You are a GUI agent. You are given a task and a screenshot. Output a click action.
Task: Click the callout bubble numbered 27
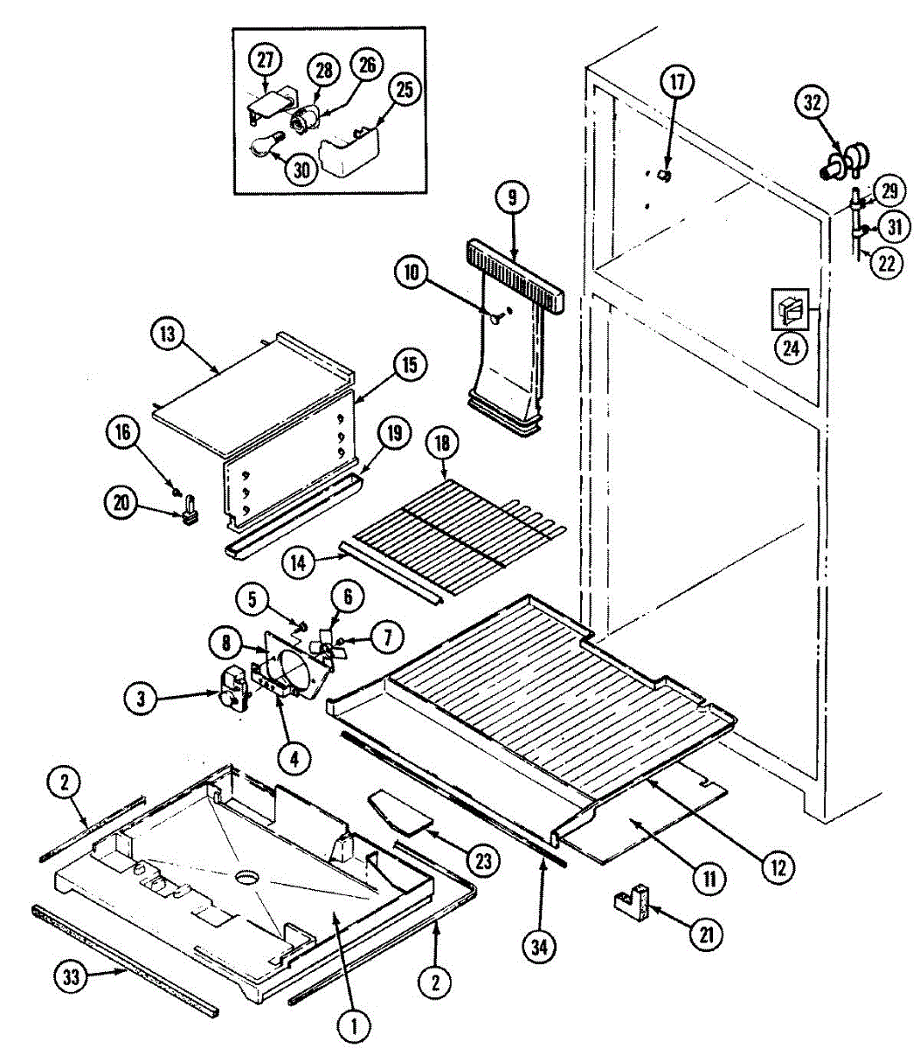(x=265, y=60)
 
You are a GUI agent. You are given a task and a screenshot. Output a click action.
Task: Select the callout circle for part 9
(x=512, y=197)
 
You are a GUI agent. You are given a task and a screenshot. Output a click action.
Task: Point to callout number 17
(x=678, y=83)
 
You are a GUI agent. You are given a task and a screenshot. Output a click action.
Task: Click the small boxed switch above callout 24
(x=791, y=309)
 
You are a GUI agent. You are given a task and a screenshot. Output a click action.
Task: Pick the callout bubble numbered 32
(x=813, y=103)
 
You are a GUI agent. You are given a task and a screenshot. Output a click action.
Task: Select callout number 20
(x=121, y=502)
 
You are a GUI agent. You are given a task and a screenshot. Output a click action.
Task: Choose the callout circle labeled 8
(x=225, y=644)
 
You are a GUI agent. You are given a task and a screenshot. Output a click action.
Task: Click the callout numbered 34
(x=539, y=946)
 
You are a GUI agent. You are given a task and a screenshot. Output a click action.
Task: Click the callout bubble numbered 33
(x=73, y=977)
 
